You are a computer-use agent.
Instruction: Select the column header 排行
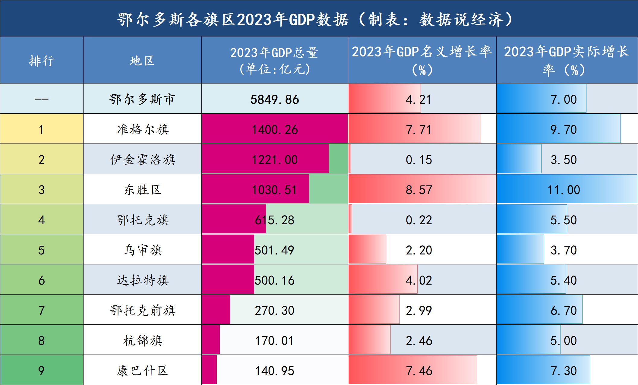coord(42,61)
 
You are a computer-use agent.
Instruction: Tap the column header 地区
coord(142,61)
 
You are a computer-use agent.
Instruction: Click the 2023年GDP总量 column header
coord(274,61)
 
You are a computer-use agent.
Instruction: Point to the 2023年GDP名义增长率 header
coord(422,61)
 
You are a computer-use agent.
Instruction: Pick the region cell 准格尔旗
coord(143,129)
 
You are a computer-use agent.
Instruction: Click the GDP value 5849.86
coord(274,99)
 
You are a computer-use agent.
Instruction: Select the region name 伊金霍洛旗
coord(143,159)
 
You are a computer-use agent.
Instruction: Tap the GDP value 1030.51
coord(274,190)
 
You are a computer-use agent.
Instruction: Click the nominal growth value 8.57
coord(419,190)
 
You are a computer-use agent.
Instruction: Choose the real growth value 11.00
coord(564,190)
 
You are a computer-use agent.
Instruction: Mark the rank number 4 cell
coord(42,220)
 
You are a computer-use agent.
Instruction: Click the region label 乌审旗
coord(143,250)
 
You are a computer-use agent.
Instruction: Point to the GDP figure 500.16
coord(274,280)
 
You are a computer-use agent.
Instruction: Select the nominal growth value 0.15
coord(419,160)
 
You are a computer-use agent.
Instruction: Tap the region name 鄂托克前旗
coord(143,310)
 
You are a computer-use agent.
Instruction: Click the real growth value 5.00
coord(564,341)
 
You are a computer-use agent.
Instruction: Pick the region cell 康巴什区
coord(143,371)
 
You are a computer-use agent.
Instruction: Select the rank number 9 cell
coord(42,371)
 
